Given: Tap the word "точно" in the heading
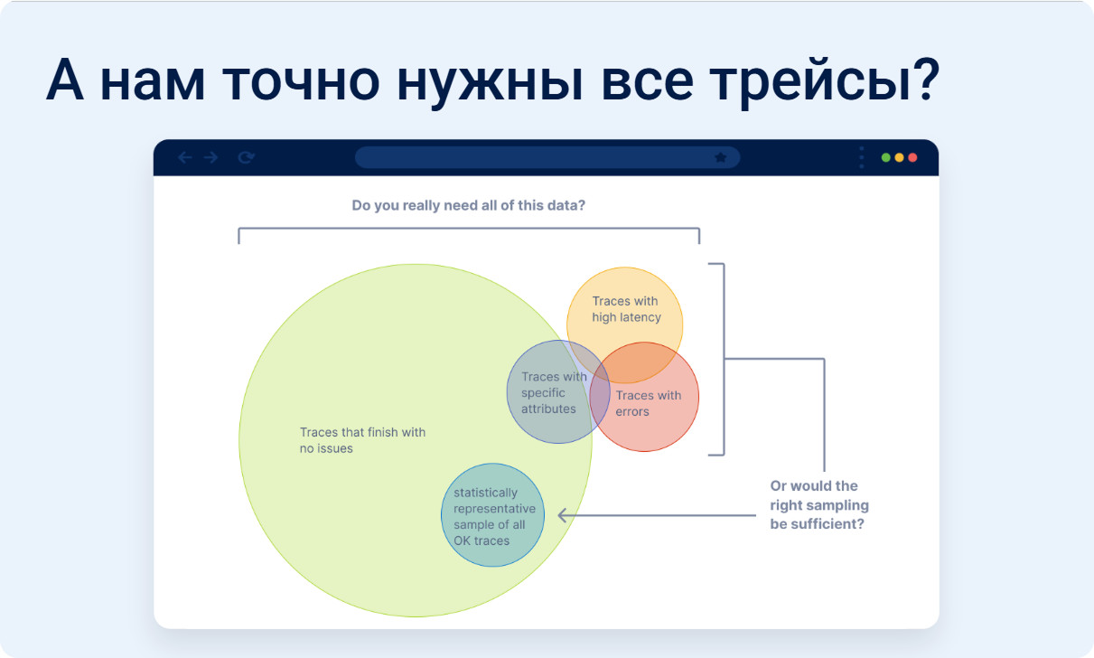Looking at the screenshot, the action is [302, 81].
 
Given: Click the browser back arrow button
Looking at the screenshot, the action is [184, 157].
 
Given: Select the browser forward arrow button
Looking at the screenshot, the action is [211, 157].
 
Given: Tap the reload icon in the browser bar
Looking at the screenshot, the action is [246, 157].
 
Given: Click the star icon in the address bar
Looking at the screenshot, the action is [720, 157].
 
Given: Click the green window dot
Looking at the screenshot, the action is [885, 157].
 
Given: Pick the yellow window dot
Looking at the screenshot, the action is [899, 157].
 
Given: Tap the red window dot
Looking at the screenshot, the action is [912, 157].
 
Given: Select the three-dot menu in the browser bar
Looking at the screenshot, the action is [862, 157].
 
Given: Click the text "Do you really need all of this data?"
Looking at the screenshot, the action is [468, 206].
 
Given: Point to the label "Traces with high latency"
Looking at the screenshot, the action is [626, 309].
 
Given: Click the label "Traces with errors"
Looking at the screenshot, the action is [648, 403].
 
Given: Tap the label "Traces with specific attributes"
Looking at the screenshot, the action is [554, 393].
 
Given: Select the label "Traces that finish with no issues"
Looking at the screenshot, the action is [362, 440].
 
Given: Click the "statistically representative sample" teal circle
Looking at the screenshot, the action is [492, 515].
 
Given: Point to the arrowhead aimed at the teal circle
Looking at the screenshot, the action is [563, 515].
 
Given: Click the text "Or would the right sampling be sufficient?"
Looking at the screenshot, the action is [819, 505].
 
